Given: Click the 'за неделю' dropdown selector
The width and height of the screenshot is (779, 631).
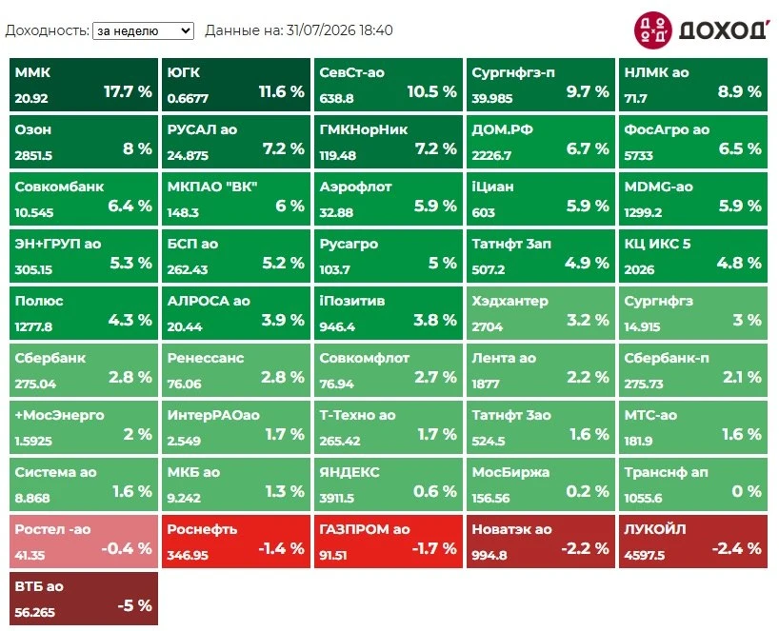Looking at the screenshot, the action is tap(143, 30).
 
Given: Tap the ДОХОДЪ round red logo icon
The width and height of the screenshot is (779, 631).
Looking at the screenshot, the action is tap(652, 30).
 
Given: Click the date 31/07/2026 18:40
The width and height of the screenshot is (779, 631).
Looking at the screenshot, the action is tap(339, 30).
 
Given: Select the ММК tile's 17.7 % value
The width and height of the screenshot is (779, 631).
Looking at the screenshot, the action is tap(128, 91).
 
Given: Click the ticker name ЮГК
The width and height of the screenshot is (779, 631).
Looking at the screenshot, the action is tap(184, 72).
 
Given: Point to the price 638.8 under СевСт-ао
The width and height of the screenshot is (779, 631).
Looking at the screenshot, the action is tap(336, 98).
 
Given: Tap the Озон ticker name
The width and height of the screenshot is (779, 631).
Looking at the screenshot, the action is tap(32, 129).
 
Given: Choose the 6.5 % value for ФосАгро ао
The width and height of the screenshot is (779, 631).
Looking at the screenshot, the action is tap(740, 148).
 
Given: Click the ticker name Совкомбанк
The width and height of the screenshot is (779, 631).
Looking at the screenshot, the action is tap(59, 187).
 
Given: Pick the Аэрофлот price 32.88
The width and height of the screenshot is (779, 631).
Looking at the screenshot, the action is tap(336, 212).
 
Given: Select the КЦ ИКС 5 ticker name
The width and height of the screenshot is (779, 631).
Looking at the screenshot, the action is tap(657, 244).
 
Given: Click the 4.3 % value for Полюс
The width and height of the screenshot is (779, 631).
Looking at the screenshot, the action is tap(130, 320).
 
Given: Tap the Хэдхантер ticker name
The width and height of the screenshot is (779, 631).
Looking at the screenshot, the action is tap(509, 301).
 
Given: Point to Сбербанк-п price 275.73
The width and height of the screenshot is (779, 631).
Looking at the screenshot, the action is tap(644, 384).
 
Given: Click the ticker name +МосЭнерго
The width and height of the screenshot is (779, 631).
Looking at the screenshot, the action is tap(60, 415).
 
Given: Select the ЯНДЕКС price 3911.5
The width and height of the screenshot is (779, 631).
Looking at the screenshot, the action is tap(337, 498).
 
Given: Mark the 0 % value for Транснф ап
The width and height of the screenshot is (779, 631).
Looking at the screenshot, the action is tap(747, 491).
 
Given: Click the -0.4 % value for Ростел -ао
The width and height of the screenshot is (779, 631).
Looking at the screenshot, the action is tap(127, 548).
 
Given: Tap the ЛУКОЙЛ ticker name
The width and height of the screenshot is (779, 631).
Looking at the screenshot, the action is tap(655, 529).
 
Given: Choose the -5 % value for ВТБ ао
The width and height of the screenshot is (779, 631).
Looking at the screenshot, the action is tap(134, 605).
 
